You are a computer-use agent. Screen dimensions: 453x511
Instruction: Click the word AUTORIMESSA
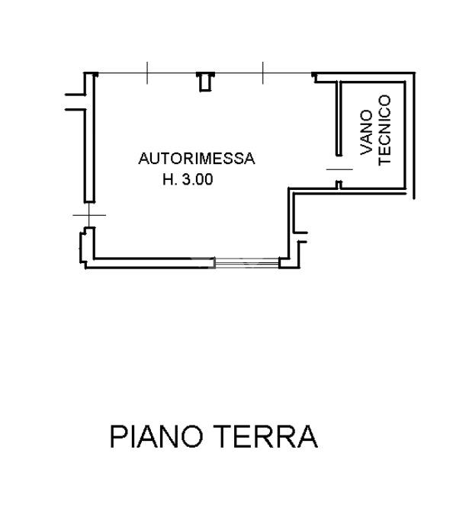[x=197, y=159]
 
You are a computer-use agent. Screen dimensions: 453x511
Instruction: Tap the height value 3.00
[x=198, y=179]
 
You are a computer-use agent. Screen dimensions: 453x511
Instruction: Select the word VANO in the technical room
[x=366, y=132]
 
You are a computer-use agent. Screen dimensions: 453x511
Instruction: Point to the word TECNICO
[x=384, y=130]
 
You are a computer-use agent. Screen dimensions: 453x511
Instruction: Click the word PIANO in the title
[x=156, y=437]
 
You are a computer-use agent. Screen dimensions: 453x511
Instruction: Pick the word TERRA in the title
[x=266, y=437]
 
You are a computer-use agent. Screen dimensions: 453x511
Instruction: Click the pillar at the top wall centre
[x=205, y=82]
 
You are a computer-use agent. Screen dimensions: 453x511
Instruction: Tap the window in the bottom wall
[x=247, y=262]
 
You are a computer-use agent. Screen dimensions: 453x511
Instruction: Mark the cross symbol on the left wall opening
[x=89, y=215]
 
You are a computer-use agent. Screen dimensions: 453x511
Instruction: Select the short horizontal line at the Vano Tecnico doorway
[x=339, y=169]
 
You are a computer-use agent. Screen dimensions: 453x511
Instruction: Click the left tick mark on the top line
[x=147, y=72]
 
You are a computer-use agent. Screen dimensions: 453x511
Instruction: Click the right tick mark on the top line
[x=262, y=72]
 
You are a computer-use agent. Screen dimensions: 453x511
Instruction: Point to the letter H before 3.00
[x=168, y=179]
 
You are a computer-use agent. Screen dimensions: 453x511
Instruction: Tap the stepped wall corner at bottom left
[x=84, y=248]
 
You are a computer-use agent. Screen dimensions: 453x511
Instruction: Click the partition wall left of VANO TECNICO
[x=339, y=119]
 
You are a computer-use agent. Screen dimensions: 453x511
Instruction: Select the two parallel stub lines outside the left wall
[x=75, y=102]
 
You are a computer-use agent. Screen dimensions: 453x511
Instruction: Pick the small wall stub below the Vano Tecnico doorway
[x=339, y=185]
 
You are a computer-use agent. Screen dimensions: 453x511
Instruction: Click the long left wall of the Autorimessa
[x=90, y=137]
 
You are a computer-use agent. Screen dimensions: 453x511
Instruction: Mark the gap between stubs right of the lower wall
[x=300, y=237]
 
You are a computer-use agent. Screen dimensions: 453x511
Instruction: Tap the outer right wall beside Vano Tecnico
[x=414, y=136]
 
